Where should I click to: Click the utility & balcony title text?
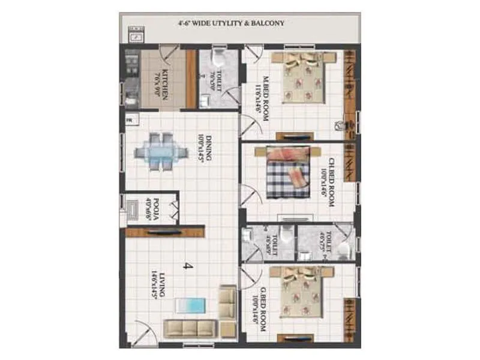(x=230, y=23)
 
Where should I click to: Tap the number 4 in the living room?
(x=187, y=266)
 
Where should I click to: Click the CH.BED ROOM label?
(x=329, y=182)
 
